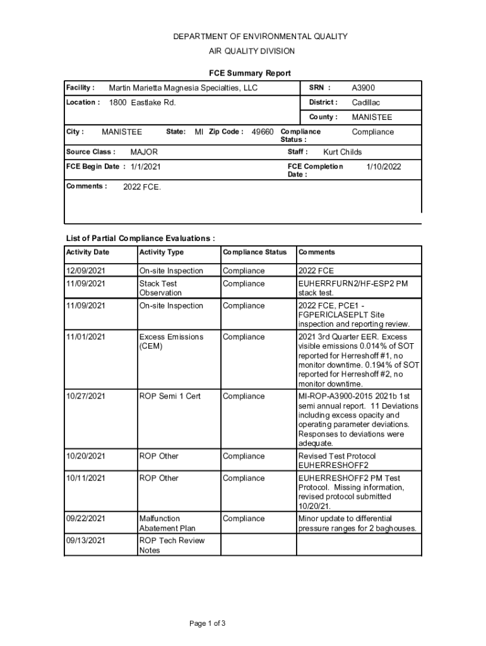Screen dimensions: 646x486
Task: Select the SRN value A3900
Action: tap(363, 88)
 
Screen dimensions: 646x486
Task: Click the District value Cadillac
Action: tap(365, 102)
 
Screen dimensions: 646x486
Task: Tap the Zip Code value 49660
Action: tap(263, 132)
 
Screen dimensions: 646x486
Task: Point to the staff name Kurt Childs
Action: tap(342, 152)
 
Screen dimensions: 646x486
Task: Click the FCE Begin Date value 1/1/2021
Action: tap(145, 167)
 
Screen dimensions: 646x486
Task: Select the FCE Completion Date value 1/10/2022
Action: tap(384, 167)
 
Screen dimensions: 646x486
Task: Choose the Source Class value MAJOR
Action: tap(144, 152)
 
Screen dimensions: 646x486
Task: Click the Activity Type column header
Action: tap(162, 252)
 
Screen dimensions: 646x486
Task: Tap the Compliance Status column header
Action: tap(254, 252)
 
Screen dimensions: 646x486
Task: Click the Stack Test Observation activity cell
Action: tap(160, 288)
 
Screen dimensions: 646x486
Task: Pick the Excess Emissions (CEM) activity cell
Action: tap(171, 341)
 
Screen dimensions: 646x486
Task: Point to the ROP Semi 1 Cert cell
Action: tap(170, 396)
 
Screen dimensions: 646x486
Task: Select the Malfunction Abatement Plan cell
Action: tap(167, 524)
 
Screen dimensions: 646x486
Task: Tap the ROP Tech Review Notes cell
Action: tap(172, 545)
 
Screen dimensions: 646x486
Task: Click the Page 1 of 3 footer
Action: tap(208, 624)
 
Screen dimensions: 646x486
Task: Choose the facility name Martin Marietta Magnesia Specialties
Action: tap(183, 88)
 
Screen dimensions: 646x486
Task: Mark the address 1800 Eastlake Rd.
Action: tap(142, 102)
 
